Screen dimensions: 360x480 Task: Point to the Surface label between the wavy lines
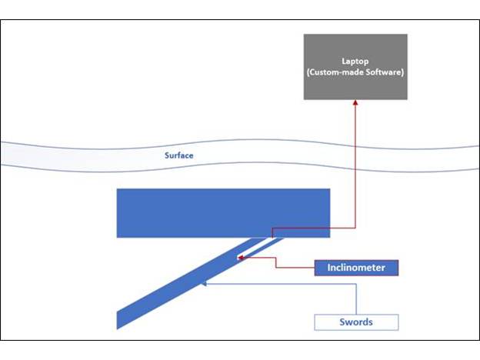click(x=178, y=155)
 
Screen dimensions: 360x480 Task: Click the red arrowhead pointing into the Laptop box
click(x=356, y=103)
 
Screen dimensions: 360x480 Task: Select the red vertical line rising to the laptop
click(x=356, y=169)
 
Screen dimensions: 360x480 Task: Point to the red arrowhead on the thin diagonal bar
click(x=241, y=258)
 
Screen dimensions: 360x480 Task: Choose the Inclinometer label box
click(x=357, y=268)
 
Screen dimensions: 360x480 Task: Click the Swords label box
click(x=357, y=322)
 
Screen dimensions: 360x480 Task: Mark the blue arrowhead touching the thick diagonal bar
click(x=203, y=284)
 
